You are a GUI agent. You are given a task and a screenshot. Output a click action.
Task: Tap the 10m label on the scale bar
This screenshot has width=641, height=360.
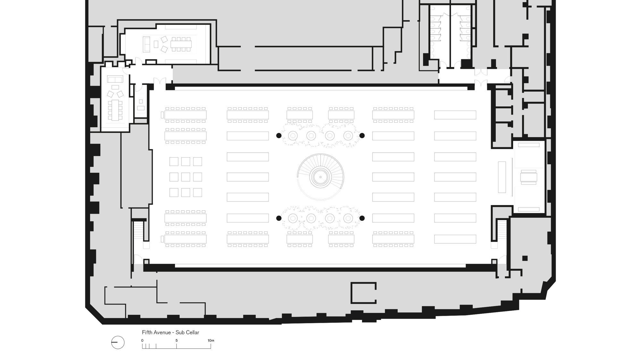pos(211,340)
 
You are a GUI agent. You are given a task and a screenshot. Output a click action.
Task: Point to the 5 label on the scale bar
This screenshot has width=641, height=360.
pos(177,340)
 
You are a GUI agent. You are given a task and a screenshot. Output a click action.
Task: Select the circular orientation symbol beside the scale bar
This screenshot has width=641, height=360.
pos(118,343)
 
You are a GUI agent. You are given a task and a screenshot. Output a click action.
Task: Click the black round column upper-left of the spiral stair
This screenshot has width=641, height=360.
pos(279,135)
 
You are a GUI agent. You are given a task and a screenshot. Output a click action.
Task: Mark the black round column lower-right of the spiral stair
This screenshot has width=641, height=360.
pos(362,218)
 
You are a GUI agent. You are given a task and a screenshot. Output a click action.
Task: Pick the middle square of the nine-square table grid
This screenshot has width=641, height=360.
pos(186,177)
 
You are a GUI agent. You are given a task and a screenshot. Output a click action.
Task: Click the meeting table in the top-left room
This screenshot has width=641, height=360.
pos(181,44)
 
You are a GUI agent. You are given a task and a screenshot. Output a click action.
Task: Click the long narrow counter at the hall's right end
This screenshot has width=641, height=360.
pos(502,177)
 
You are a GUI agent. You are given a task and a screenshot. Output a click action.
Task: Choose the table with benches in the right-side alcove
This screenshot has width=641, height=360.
pos(529,177)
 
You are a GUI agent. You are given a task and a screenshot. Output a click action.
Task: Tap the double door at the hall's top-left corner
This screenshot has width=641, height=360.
pos(160,81)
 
